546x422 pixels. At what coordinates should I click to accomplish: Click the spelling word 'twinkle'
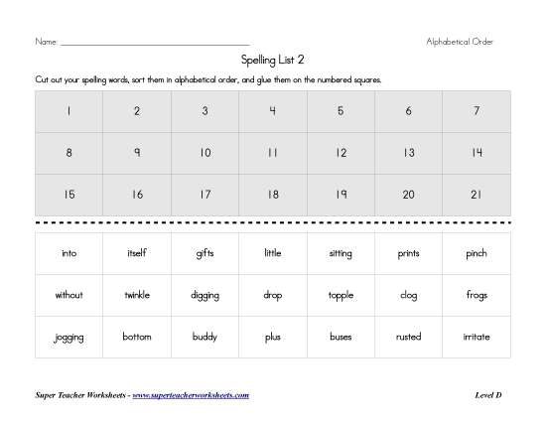(x=137, y=295)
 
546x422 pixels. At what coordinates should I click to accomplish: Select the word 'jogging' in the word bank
(x=68, y=338)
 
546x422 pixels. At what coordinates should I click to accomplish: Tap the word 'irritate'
(x=477, y=337)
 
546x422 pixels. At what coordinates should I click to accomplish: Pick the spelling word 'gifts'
(x=205, y=253)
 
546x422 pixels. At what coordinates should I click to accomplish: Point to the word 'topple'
(x=341, y=295)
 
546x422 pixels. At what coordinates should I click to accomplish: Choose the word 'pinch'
(x=477, y=253)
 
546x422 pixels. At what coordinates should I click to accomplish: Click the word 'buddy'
(x=205, y=337)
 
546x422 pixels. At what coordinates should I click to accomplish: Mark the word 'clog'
(x=408, y=295)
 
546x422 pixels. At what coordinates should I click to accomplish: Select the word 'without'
(x=68, y=295)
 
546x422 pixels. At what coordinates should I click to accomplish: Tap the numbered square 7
(x=477, y=111)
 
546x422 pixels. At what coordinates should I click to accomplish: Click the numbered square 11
(x=272, y=153)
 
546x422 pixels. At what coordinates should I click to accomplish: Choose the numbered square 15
(x=68, y=195)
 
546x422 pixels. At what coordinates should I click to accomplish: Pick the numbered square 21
(x=477, y=195)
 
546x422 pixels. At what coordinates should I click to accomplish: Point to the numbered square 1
(x=68, y=111)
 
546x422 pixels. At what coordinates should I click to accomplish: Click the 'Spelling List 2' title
(x=272, y=60)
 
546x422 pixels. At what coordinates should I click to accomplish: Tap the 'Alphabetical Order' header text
(x=460, y=42)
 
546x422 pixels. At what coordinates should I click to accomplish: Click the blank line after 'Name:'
(x=154, y=44)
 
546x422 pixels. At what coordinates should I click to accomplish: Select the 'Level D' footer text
(x=488, y=395)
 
